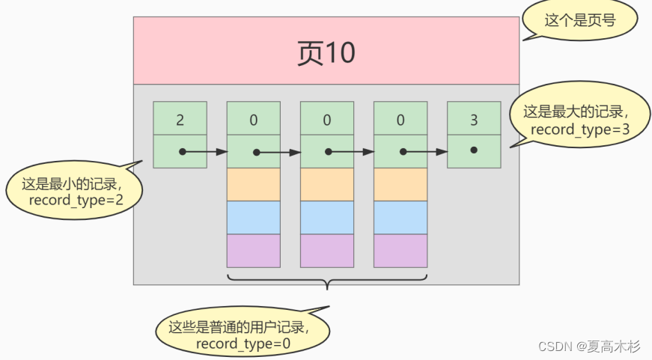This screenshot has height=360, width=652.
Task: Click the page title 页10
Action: (x=326, y=53)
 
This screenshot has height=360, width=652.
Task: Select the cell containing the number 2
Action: (x=180, y=118)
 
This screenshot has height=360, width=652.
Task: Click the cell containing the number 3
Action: (x=473, y=118)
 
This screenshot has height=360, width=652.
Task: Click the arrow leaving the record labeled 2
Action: (x=204, y=152)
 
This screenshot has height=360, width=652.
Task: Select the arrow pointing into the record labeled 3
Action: (x=424, y=152)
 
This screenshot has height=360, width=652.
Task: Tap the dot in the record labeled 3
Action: (x=473, y=150)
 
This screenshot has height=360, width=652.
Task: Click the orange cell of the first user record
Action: (x=253, y=184)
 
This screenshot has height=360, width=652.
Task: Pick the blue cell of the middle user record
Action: (x=326, y=217)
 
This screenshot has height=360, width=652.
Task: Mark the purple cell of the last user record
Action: (x=400, y=251)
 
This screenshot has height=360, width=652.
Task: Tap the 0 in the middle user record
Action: (x=326, y=118)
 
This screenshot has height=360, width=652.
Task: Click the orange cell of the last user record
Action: (x=400, y=184)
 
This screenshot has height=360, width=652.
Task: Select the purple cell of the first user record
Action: (x=253, y=251)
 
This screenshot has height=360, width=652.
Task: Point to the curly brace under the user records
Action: (x=326, y=281)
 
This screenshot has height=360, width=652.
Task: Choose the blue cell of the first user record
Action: (x=253, y=217)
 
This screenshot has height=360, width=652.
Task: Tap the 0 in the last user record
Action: (x=400, y=118)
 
